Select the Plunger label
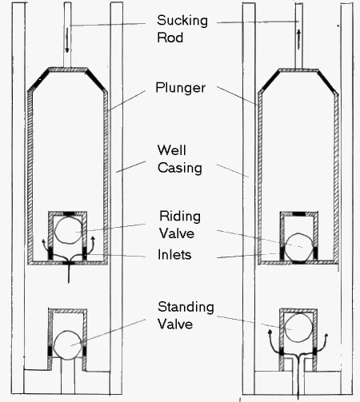pyautogui.click(x=179, y=87)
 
